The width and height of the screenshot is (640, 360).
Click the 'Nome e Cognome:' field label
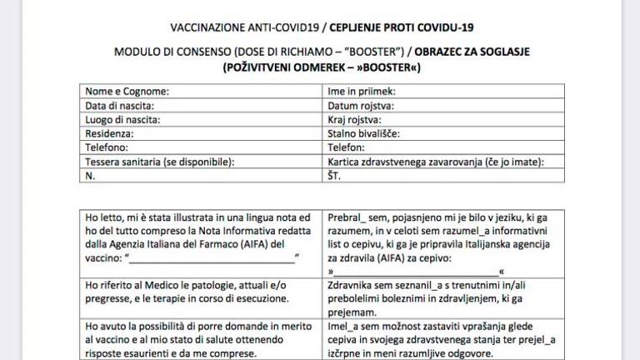127,91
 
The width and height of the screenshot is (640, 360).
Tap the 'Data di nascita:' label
120,105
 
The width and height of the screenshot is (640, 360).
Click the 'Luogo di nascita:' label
122,119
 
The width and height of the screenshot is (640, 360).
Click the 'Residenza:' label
109,132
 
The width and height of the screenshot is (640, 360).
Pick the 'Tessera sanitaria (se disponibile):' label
159,161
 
